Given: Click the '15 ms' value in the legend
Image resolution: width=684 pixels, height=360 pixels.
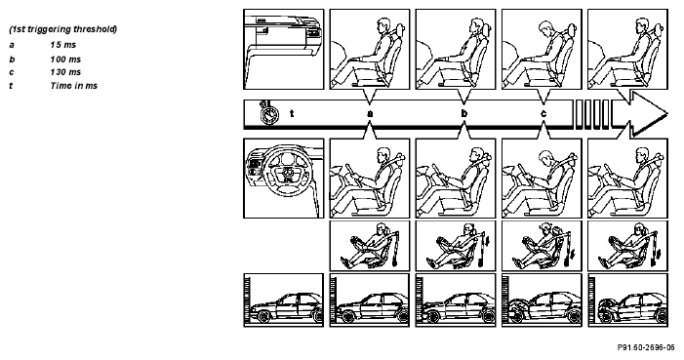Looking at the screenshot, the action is click(62, 45).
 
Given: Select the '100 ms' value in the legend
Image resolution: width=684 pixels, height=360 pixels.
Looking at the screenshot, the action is click(65, 60).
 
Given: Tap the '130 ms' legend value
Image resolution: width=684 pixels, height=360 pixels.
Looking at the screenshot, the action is click(65, 72).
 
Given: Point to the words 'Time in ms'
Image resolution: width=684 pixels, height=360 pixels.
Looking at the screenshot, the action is click(74, 86).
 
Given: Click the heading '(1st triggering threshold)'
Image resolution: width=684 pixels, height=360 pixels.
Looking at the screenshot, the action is click(63, 29).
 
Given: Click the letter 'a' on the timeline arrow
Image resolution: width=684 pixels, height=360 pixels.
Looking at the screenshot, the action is click(370, 114).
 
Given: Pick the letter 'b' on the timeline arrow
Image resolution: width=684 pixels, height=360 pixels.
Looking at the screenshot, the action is click(464, 113).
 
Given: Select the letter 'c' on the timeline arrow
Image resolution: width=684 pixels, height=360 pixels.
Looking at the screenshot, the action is click(543, 114).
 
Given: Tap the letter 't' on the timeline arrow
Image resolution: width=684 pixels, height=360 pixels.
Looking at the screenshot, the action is click(292, 113).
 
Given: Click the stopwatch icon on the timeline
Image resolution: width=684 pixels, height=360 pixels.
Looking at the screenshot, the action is click(268, 113).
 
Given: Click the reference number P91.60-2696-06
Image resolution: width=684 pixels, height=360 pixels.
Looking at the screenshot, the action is click(646, 347).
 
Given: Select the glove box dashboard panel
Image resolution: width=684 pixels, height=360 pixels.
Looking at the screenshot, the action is click(284, 50).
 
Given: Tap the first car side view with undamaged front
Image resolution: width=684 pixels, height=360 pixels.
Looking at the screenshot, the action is click(284, 300).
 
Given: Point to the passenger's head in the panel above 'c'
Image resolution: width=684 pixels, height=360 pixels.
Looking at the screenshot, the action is click(547, 28).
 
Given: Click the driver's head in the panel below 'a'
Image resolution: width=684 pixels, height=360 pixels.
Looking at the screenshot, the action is click(382, 154).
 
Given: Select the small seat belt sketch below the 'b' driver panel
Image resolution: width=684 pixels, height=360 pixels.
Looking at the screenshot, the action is click(456, 245).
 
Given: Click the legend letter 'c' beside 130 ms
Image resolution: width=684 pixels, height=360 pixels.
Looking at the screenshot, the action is click(12, 72).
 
